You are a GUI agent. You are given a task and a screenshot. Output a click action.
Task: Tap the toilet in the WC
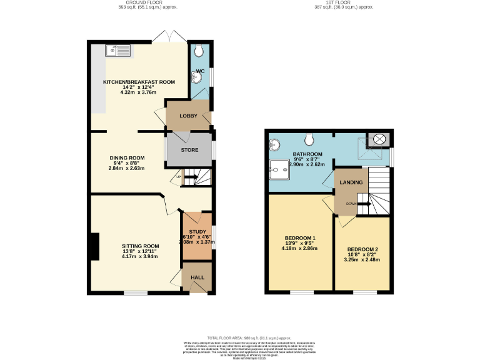[198, 51]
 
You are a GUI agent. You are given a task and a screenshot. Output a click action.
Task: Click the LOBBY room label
[188, 116]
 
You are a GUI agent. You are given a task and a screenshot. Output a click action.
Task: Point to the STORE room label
[189, 150]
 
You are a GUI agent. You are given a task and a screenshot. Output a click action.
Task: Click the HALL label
[197, 277]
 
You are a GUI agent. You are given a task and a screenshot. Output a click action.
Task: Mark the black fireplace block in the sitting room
[94, 246]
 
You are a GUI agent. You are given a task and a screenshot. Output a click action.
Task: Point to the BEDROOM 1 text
[300, 238]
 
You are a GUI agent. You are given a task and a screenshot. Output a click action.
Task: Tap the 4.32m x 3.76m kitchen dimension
[139, 92]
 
